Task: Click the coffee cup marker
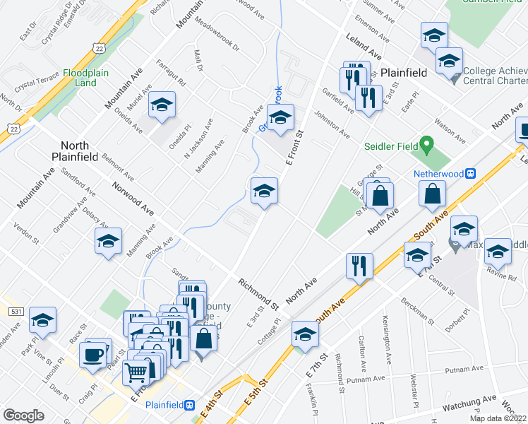(93, 354)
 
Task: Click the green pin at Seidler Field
(426, 146)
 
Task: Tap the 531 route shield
(15, 311)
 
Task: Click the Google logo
(23, 415)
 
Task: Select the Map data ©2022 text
(498, 418)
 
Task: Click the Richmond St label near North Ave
(259, 294)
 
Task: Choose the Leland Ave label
(364, 49)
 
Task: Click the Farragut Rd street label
(171, 71)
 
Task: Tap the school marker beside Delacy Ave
(109, 241)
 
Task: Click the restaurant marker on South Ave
(359, 266)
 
